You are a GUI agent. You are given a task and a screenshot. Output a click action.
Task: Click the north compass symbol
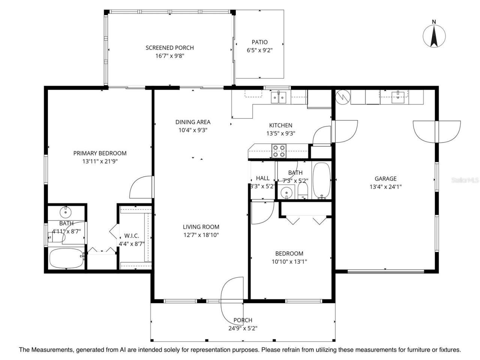[434, 36]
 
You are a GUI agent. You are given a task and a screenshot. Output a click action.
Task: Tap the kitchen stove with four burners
[279, 151]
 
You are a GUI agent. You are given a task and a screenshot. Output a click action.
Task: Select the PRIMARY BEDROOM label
[100, 153]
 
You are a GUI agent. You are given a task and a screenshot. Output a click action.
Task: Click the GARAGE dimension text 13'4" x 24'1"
[385, 187]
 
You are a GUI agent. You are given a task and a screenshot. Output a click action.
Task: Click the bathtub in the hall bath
[321, 180]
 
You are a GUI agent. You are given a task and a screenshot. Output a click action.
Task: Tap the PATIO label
[259, 42]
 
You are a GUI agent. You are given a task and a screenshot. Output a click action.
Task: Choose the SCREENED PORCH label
[169, 48]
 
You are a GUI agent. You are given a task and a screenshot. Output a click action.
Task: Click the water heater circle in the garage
[342, 97]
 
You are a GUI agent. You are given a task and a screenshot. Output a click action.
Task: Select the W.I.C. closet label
[132, 236]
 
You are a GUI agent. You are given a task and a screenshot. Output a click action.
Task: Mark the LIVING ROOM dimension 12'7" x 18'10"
[201, 235]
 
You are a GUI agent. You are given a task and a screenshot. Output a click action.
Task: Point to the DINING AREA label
[193, 122]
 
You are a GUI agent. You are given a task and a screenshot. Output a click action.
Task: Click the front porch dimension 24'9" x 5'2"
[243, 328]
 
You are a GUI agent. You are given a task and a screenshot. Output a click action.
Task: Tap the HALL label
[262, 178]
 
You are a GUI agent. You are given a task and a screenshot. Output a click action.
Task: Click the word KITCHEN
[280, 125]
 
